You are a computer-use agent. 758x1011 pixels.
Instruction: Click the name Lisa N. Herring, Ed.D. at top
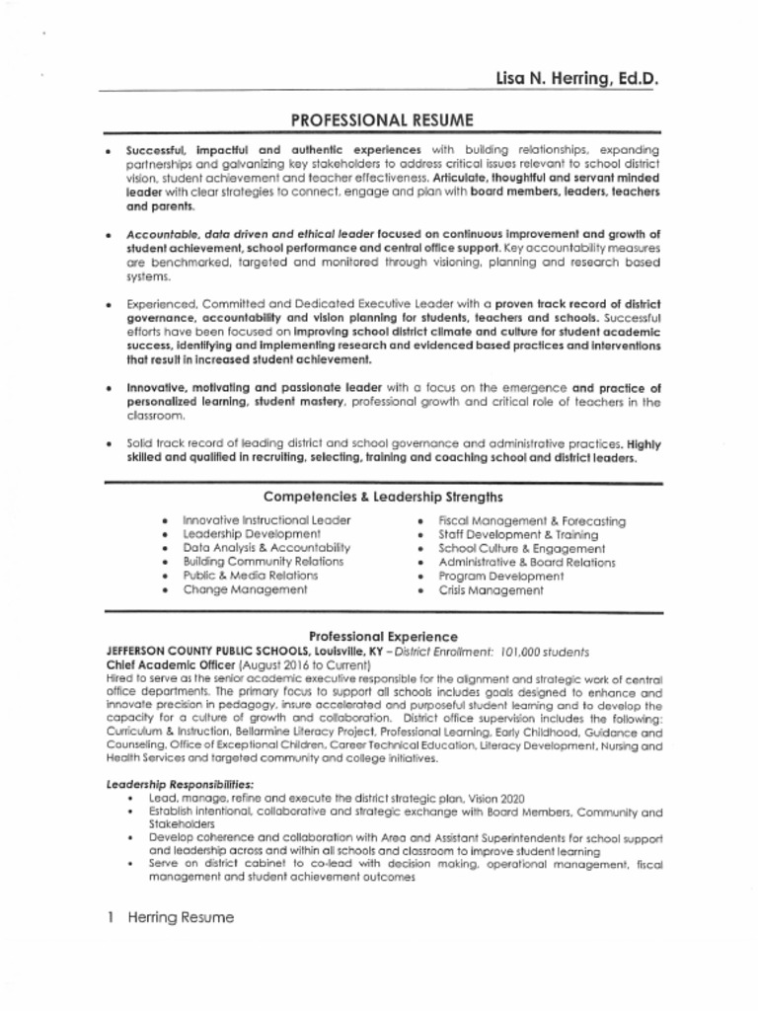pos(576,78)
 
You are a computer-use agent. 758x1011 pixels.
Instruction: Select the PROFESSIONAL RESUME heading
pos(382,120)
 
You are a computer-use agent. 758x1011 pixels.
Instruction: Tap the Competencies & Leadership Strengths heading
pos(384,497)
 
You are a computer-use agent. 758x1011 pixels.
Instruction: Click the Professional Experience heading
pos(383,637)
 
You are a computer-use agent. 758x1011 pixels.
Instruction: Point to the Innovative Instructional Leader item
pos(266,520)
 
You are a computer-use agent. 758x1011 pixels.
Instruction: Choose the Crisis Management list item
pos(491,590)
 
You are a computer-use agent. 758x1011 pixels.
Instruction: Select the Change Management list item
pos(245,589)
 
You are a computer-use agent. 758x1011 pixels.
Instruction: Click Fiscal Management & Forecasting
pos(531,520)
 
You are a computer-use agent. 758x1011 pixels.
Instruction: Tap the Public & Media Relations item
pos(251,576)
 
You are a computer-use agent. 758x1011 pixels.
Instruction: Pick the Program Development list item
pos(500,577)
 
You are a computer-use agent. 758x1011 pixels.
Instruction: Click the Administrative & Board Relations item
pos(526,563)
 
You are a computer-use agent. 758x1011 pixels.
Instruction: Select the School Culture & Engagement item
pos(521,548)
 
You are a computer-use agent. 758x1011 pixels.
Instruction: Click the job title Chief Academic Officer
pos(165,666)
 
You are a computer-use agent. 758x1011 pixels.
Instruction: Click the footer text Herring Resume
pos(180,917)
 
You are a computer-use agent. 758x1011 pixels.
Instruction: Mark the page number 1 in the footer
pos(112,917)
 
